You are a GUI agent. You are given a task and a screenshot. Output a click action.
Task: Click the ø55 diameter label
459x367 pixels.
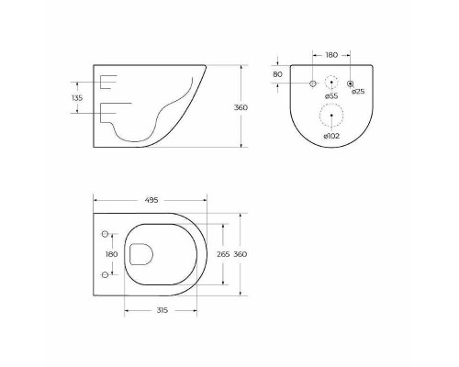331,96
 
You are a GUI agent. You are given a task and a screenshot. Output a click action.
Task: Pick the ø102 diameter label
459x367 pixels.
331,135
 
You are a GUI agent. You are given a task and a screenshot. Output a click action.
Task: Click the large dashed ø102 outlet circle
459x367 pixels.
331,116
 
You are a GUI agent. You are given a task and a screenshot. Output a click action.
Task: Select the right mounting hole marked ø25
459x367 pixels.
350,84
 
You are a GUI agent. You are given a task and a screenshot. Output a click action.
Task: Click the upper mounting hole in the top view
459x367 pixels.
105,232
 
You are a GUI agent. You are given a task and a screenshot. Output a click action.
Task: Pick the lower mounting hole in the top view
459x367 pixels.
105,274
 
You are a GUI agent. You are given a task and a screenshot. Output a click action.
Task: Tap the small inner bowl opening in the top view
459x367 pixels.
140,253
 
